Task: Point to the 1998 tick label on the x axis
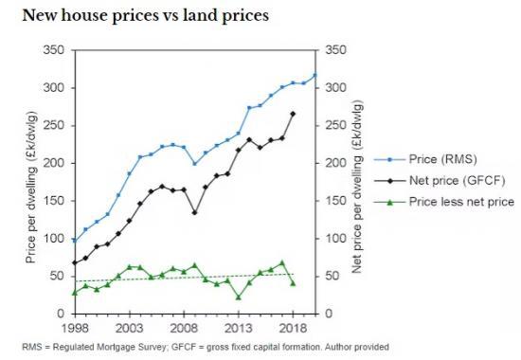[75, 327]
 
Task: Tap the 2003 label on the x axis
[129, 327]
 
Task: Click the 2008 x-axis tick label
[184, 327]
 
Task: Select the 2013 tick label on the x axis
[238, 327]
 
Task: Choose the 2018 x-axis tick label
[292, 327]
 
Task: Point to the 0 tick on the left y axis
[63, 314]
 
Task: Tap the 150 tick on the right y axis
[335, 201]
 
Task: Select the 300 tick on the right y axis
[335, 88]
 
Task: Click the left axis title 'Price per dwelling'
[34, 182]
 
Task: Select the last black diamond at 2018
[293, 114]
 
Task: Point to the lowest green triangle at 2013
[238, 297]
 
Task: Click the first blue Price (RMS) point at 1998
[75, 240]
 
